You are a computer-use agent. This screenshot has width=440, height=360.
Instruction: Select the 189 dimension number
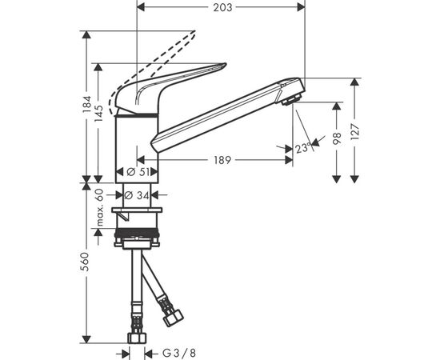coord(222,161)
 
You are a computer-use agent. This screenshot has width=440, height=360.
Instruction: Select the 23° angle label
coord(302,148)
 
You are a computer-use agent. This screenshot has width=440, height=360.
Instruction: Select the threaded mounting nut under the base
coord(139,238)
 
